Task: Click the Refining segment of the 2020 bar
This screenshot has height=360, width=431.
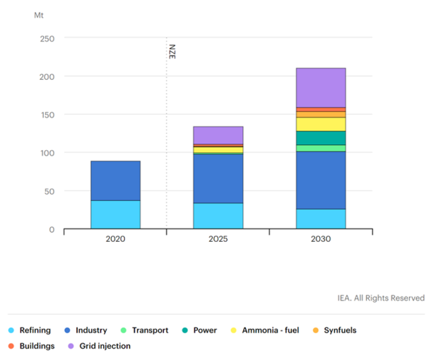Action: (x=115, y=214)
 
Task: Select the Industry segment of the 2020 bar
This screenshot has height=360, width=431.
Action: (x=115, y=180)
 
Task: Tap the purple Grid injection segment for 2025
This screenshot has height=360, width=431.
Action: (x=218, y=135)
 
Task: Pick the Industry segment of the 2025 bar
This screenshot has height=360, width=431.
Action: (x=218, y=178)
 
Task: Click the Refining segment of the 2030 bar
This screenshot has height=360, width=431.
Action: (x=321, y=219)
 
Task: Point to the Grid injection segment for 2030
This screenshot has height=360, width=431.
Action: (x=321, y=88)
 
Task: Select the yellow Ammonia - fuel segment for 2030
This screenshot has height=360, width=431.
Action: (x=321, y=124)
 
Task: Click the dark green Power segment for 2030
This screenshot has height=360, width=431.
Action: (x=321, y=138)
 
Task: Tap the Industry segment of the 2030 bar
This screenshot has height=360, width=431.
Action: (x=321, y=180)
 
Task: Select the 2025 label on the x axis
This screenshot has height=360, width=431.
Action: (x=218, y=239)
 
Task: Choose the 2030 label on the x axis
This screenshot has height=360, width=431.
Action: (x=321, y=239)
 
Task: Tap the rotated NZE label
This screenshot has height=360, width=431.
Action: (x=172, y=52)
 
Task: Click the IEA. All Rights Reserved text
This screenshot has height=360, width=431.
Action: (x=381, y=298)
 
